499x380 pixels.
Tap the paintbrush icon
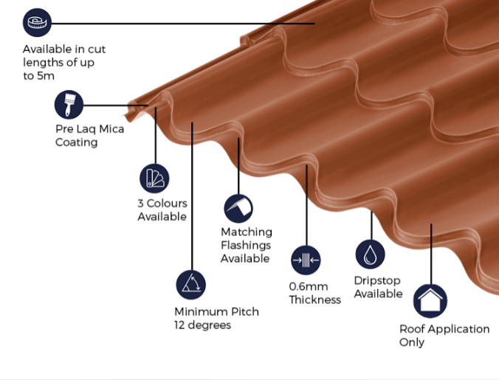point(69,105)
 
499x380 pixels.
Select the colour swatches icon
point(154,178)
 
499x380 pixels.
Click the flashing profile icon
point(238,208)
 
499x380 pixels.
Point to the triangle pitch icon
point(190,284)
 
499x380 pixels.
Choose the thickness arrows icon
point(306,260)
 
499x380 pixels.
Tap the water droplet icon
point(370,254)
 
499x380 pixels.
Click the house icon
point(430,301)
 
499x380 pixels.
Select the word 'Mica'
point(111,129)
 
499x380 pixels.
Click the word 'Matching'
point(246,232)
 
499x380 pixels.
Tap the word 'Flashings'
point(246,246)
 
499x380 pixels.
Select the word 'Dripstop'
point(378,280)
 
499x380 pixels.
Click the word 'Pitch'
point(243,311)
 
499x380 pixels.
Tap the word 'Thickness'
point(314,300)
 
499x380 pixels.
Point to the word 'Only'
point(412,342)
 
